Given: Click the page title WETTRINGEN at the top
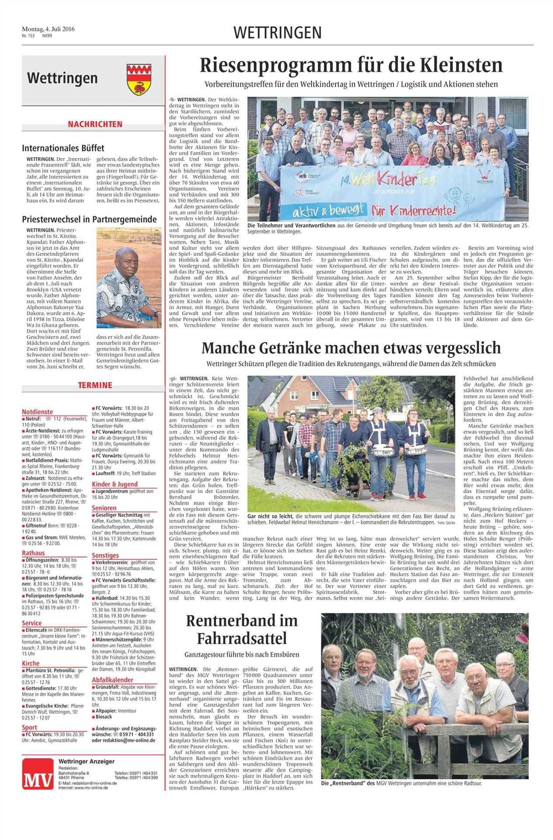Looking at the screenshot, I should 278,33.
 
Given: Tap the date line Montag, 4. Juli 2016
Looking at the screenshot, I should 49,29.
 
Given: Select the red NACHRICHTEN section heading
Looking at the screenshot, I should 95,125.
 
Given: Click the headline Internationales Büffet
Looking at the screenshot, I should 63,148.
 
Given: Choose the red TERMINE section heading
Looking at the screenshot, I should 95,385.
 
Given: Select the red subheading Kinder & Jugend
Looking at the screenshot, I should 115,484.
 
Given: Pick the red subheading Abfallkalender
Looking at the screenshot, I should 112,680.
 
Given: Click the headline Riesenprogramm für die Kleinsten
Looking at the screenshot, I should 351,66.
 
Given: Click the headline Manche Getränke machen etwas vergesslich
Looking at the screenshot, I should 351,348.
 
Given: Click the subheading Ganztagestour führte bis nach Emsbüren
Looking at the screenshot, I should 242,654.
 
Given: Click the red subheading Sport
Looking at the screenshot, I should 29,727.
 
